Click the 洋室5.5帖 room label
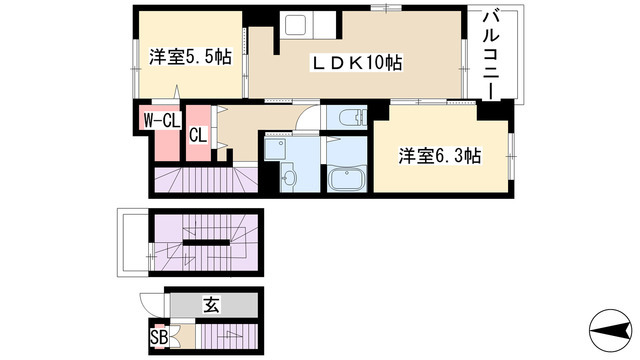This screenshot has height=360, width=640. click(191, 57)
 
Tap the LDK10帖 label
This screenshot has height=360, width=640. click(357, 63)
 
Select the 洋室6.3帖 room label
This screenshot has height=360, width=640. click(440, 156)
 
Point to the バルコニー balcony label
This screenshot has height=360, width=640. click(491, 56)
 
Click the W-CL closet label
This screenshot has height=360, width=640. click(162, 120)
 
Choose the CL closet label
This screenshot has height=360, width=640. click(198, 135)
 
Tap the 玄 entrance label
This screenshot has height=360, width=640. click(211, 304)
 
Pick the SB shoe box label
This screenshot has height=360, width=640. click(159, 337)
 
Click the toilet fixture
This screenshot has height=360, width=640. click(352, 117)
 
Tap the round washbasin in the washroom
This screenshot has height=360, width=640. click(289, 178)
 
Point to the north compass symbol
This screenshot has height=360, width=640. click(610, 330)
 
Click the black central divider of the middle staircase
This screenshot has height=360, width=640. click(206, 242)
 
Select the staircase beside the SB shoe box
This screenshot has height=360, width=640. click(226, 336)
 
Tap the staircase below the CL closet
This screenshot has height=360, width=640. click(206, 179)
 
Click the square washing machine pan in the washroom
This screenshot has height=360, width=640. click(275, 149)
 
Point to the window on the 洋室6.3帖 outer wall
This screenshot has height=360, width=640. click(511, 156)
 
